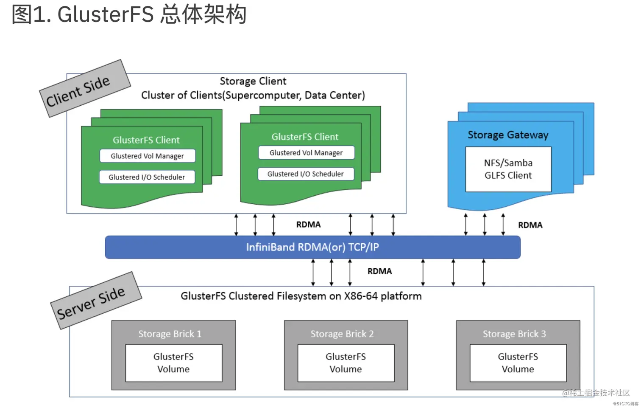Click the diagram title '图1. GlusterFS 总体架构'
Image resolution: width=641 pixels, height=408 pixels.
coord(129,14)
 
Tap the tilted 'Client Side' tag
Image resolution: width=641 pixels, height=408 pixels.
coord(84,88)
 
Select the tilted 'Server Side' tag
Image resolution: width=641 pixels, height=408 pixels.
coord(96,301)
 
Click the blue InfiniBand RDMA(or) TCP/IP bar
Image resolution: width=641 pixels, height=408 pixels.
coord(312,247)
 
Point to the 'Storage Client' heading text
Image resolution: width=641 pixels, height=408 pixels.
coord(253,81)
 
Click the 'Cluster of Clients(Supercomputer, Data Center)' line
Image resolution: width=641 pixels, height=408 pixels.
coord(253,95)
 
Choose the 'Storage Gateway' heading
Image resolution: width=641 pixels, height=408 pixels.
coord(508,135)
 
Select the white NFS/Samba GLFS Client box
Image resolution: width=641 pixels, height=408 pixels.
coord(508,169)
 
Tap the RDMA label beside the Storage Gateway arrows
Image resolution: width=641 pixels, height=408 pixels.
coord(530,225)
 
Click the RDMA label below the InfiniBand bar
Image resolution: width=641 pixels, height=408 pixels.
coord(379,271)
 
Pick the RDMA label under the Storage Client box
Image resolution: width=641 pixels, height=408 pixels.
coord(308,225)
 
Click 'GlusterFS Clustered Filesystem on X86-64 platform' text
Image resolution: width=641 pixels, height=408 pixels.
coord(301,296)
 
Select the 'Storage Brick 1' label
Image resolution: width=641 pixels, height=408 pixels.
coord(170,334)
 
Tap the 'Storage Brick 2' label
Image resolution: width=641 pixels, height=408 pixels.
coord(342,334)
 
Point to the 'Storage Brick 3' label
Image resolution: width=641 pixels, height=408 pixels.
coord(514,334)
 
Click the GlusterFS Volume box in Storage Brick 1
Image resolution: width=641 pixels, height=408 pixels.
coord(173,363)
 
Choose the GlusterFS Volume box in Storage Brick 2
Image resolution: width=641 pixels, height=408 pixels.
coord(346,363)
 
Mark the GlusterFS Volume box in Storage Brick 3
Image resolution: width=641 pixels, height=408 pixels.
coord(518,363)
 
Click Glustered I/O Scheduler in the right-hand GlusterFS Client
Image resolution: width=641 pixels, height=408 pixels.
coord(306,174)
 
